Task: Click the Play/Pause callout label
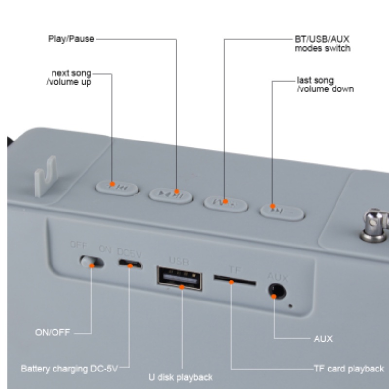pyautogui.click(x=71, y=38)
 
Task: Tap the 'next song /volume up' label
pyautogui.click(x=72, y=78)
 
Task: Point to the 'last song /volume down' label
pyautogui.click(x=325, y=85)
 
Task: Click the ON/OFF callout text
pyautogui.click(x=53, y=333)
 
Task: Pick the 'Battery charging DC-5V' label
pyautogui.click(x=69, y=369)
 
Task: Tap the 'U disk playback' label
pyautogui.click(x=180, y=377)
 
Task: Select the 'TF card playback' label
pyautogui.click(x=349, y=369)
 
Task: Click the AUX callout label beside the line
pyautogui.click(x=323, y=339)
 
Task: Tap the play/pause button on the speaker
pyautogui.click(x=170, y=195)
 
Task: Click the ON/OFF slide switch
pyautogui.click(x=92, y=262)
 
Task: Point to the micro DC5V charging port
pyautogui.click(x=129, y=264)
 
